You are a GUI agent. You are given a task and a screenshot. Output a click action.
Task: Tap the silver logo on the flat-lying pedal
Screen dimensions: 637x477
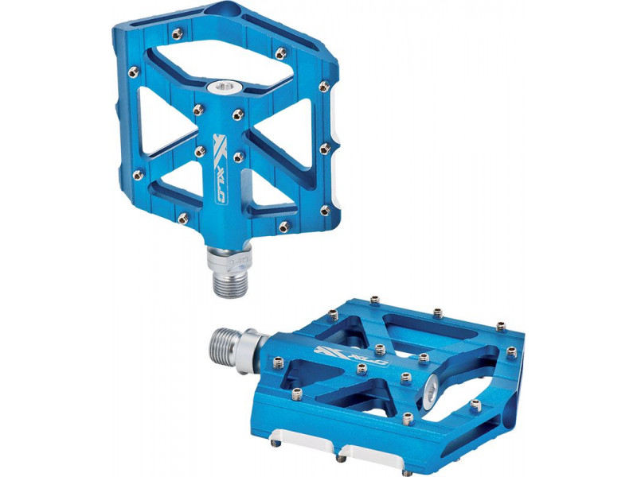349,355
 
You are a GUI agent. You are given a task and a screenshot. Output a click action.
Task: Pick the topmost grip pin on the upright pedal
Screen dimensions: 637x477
177,34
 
